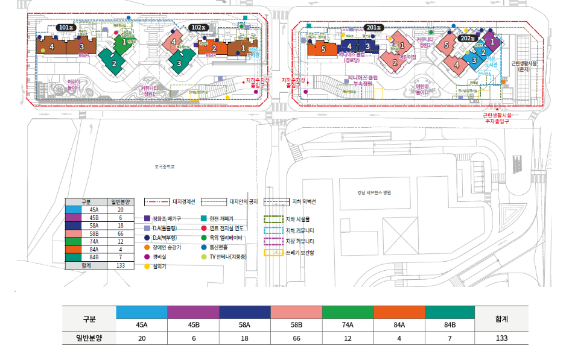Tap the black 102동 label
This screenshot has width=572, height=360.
tap(197, 27)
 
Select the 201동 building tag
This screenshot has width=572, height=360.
tap(375, 27)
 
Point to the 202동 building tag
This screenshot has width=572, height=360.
tap(467, 38)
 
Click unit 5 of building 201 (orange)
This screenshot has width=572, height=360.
tap(323, 49)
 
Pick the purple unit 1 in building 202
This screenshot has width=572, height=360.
tap(492, 43)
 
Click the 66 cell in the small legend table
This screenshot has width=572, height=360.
tap(121, 233)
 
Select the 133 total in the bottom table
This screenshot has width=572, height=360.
tap(501, 338)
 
